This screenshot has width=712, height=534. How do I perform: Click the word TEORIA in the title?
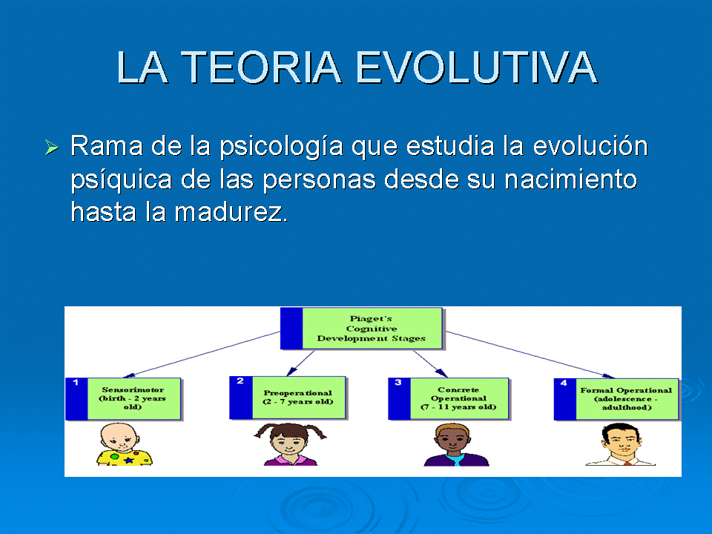pyautogui.click(x=261, y=67)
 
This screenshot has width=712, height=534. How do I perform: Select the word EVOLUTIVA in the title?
pyautogui.click(x=476, y=67)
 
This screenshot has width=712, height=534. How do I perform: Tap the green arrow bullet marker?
pyautogui.click(x=52, y=147)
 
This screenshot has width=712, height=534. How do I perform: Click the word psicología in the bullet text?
pyautogui.click(x=282, y=147)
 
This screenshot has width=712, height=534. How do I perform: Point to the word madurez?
pyautogui.click(x=231, y=212)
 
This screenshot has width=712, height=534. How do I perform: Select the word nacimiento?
pyautogui.click(x=571, y=179)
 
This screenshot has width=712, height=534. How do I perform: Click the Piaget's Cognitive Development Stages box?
pyautogui.click(x=361, y=329)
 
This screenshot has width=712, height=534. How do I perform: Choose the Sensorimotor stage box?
pyautogui.click(x=124, y=399)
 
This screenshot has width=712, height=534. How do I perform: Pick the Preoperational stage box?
pyautogui.click(x=288, y=398)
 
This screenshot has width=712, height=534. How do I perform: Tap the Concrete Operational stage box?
pyautogui.click(x=449, y=399)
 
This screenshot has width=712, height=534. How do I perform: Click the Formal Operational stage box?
pyautogui.click(x=616, y=399)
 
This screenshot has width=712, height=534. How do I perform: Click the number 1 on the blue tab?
pyautogui.click(x=76, y=383)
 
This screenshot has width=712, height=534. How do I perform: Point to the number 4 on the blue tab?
pyautogui.click(x=564, y=383)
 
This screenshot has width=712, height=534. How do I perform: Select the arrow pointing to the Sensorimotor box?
pyautogui.click(x=202, y=355)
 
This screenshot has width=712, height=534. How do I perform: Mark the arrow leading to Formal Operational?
pyautogui.click(x=530, y=355)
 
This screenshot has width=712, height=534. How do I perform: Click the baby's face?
pyautogui.click(x=119, y=438)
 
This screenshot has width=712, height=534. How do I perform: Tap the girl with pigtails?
pyautogui.click(x=290, y=444)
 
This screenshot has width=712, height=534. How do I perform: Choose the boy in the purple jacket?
pyautogui.click(x=456, y=445)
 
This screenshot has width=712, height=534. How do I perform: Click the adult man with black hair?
pyautogui.click(x=621, y=444)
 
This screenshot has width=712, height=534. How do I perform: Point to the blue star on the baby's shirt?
pyautogui.click(x=129, y=460)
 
